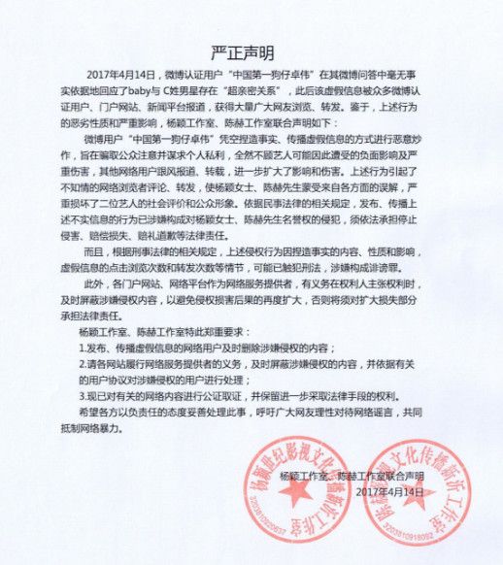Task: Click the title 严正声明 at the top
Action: pos(251,51)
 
